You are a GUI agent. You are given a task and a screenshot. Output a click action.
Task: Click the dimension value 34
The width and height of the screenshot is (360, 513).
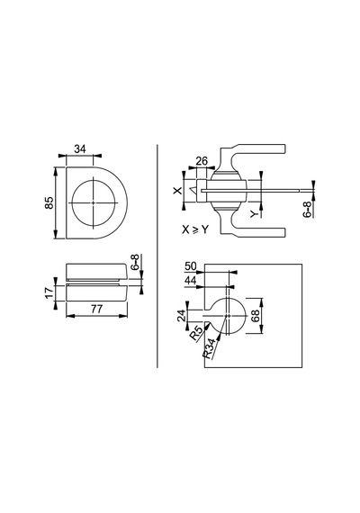tap(80, 149)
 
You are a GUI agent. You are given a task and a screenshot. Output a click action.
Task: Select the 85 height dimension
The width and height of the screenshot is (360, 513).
tap(49, 202)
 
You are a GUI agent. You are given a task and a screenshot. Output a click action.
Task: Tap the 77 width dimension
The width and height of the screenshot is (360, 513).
tap(97, 309)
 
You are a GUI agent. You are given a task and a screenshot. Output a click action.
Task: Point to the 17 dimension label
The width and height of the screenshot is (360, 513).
tap(49, 292)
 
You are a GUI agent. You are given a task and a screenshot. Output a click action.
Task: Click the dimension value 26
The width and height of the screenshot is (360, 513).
tap(202, 161)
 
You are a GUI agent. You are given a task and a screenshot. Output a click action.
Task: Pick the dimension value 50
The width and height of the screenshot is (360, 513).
tap(191, 266)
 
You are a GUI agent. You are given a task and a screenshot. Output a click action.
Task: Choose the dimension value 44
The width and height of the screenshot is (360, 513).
tap(191, 281)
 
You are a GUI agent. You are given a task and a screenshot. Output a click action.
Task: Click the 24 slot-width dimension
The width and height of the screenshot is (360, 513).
tap(182, 315)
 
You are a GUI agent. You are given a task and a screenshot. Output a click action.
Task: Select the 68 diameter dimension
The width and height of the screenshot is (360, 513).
tap(256, 316)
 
